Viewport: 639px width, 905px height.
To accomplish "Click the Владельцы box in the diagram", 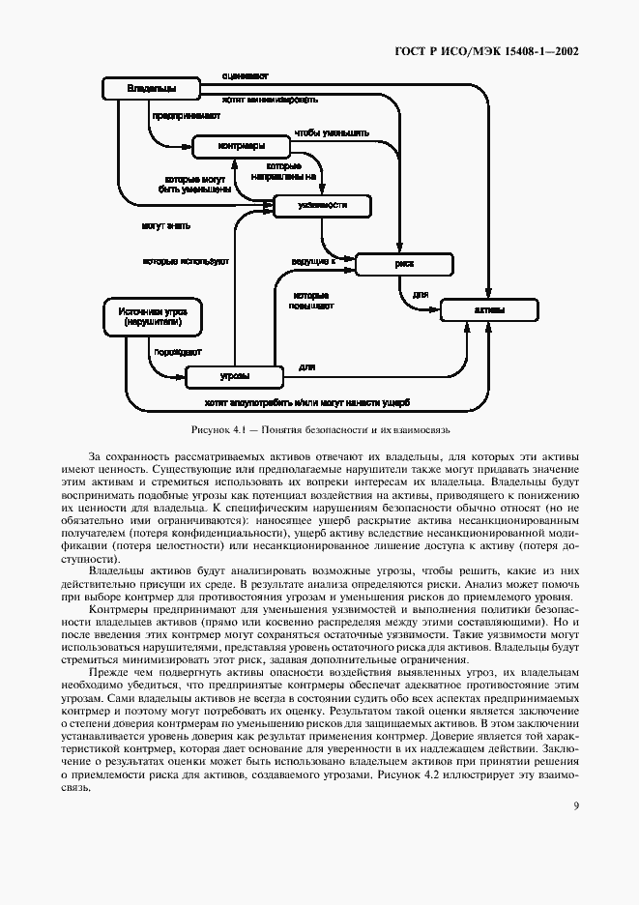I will coord(150,89).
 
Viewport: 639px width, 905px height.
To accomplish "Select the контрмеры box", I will coord(241,147).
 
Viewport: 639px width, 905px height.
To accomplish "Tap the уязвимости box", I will coord(322,206).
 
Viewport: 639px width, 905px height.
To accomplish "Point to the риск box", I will coord(404,263).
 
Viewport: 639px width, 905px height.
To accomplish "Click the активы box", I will coord(487,310).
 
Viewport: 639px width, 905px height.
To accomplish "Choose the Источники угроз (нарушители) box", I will coord(152,318).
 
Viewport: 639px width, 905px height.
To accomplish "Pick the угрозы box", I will coord(234,376).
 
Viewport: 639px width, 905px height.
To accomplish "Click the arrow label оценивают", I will coord(245,74).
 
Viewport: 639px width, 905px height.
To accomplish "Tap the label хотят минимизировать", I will coord(270,98).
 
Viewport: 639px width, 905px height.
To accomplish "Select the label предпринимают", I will coord(179,115).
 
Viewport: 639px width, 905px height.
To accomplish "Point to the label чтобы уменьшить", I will coord(332,131).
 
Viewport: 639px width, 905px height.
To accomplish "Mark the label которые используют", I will coord(185,261).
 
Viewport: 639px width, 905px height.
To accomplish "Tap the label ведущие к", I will coord(312,261).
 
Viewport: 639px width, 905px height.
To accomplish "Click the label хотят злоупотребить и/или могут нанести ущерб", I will coord(306,401).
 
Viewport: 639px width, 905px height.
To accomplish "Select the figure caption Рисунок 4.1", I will coord(319,428).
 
